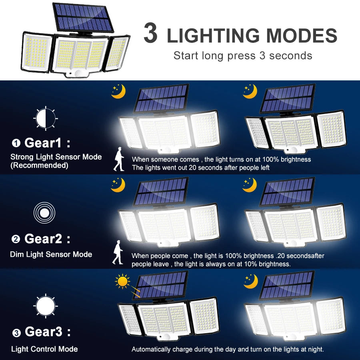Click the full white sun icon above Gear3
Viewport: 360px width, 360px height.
pos(45,306)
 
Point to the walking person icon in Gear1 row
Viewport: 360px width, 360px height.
pos(119,159)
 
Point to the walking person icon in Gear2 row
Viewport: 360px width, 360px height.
pos(118,252)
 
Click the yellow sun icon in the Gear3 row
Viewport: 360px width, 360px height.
pos(123,282)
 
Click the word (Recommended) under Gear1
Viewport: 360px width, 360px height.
pos(39,165)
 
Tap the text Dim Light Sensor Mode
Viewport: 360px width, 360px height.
pos(51,254)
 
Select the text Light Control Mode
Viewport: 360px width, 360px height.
pos(44,349)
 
